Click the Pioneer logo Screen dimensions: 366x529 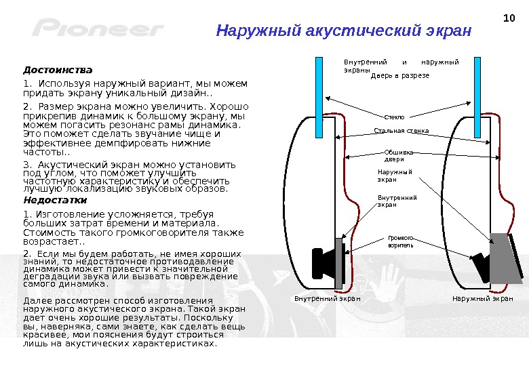(98, 30)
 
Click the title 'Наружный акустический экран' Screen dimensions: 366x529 (343, 31)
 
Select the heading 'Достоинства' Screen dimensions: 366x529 (58, 70)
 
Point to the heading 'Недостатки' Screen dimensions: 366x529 (55, 201)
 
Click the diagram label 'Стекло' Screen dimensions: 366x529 (394, 117)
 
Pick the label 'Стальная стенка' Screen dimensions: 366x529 (401, 130)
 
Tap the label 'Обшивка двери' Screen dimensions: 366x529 (398, 156)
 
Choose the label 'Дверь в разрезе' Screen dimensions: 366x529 (400, 76)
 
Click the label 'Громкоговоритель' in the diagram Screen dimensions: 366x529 (400, 241)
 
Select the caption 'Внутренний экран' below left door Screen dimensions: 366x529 (327, 298)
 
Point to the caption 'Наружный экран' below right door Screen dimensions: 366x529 (482, 298)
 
